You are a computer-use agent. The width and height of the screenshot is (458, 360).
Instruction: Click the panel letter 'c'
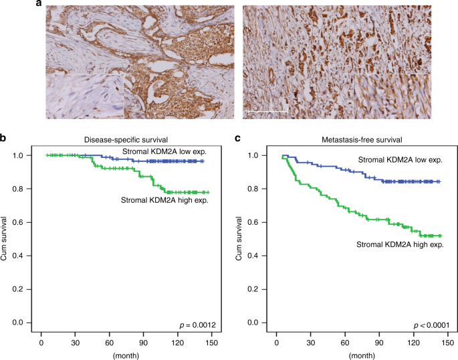pyautogui.click(x=237, y=139)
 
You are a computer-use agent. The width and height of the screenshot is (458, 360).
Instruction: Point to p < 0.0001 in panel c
pyautogui.click(x=425, y=325)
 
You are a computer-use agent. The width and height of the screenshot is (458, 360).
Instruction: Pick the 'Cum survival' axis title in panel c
pyautogui.click(x=239, y=239)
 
